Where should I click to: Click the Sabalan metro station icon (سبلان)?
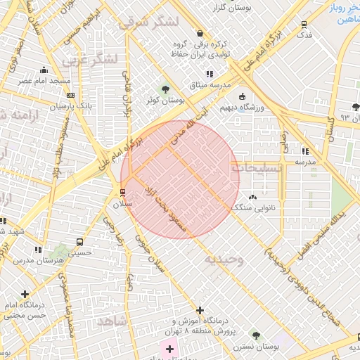point(123,191)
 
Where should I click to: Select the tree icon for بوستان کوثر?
point(165,89)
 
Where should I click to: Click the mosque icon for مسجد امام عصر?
point(44,70)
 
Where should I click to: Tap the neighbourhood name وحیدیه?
point(224,259)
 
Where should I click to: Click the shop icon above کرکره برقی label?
point(200,33)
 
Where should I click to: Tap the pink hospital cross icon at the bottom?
point(169,349)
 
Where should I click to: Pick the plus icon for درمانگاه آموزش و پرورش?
point(200,310)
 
